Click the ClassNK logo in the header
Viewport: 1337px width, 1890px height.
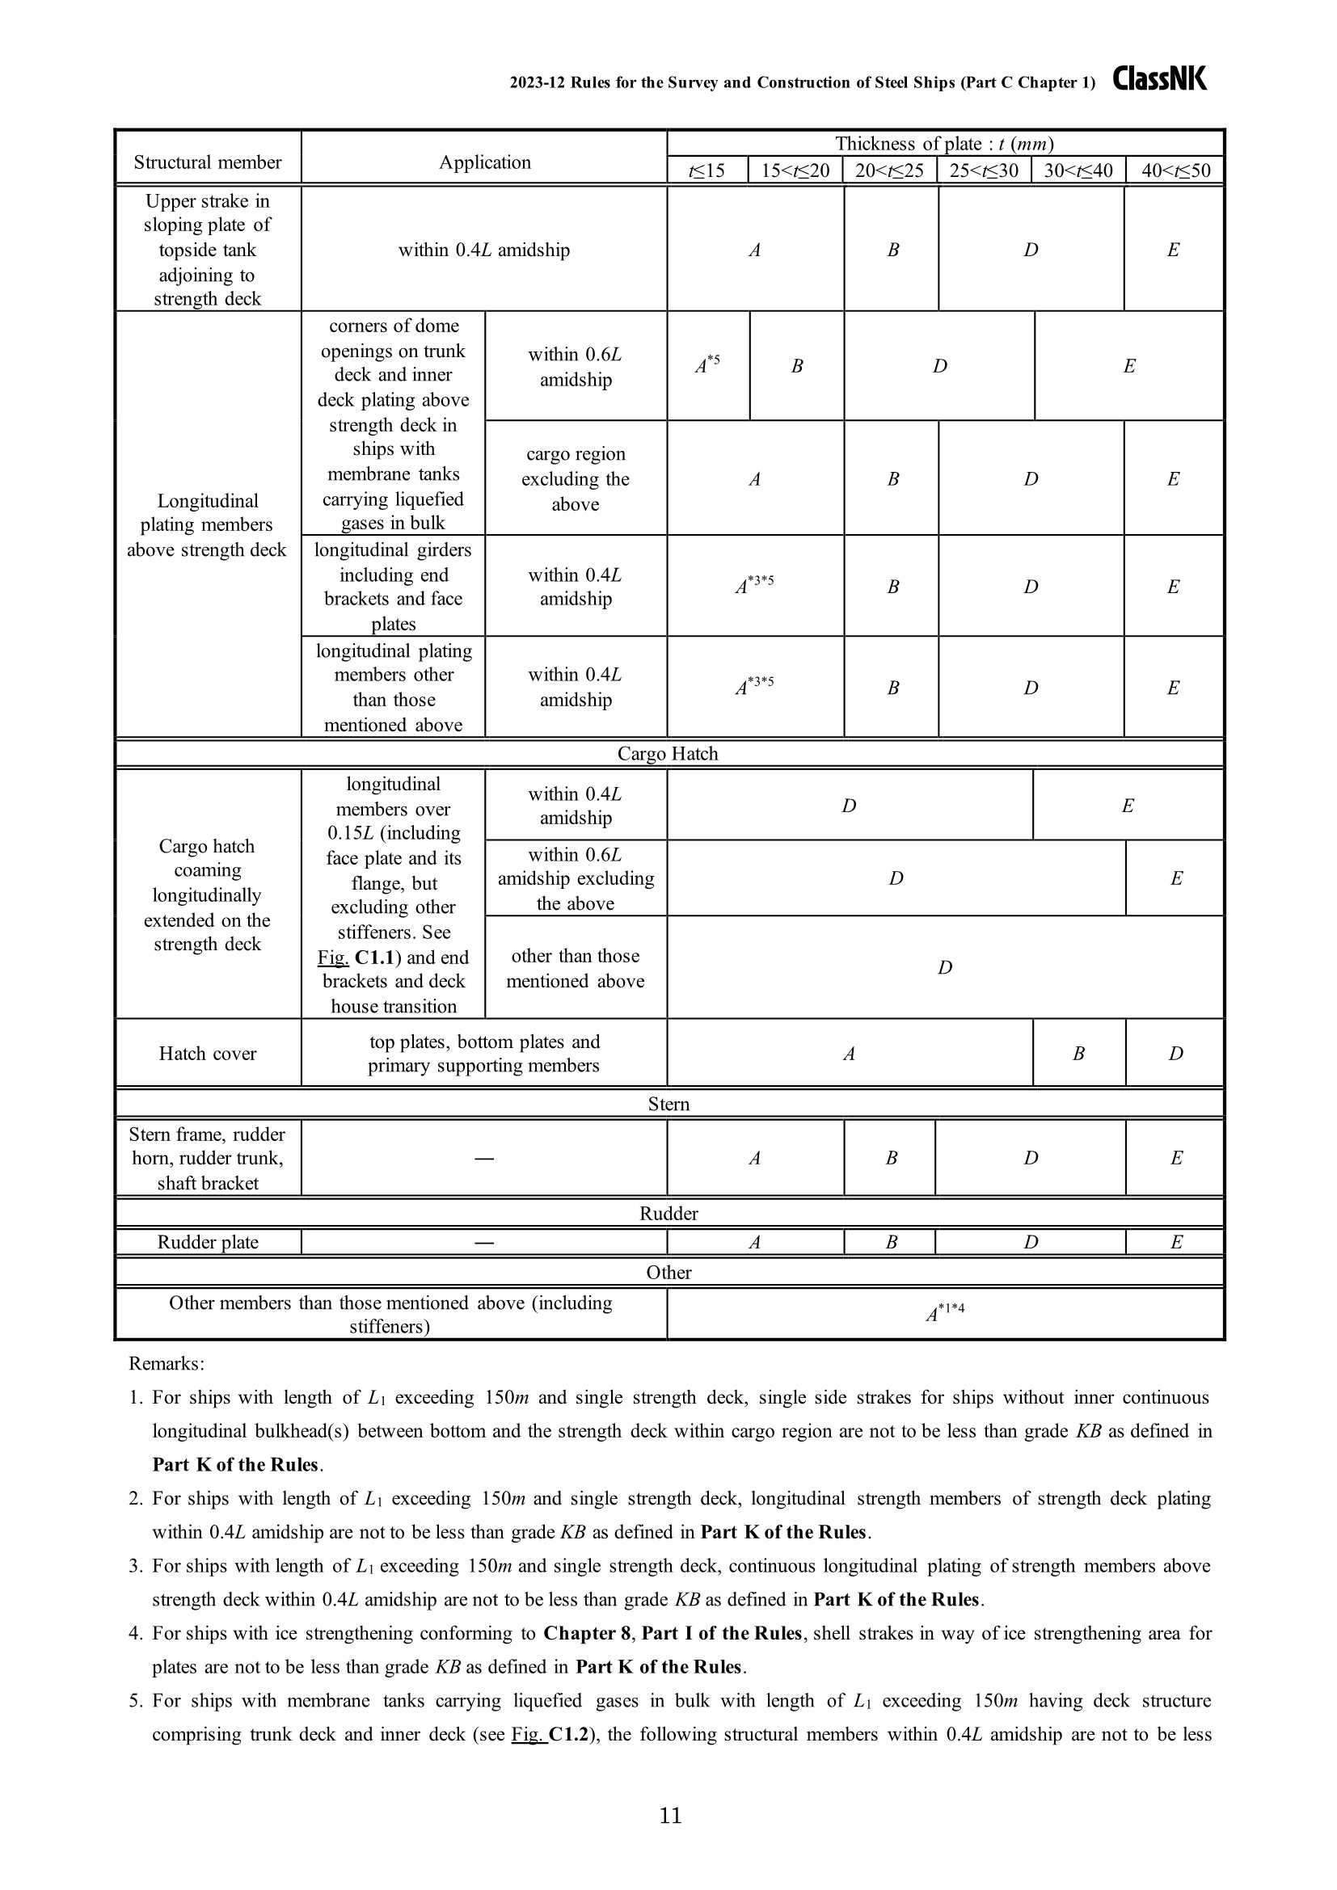click(x=1158, y=79)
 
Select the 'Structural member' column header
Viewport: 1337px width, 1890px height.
click(x=208, y=162)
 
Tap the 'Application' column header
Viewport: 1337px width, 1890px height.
click(x=484, y=162)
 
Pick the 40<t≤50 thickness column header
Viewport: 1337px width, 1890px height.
click(x=1175, y=171)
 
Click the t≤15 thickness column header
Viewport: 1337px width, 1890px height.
click(x=707, y=171)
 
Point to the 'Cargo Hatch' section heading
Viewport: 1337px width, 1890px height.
click(x=668, y=754)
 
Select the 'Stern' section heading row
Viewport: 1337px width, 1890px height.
click(x=668, y=1104)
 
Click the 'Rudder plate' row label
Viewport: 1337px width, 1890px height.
click(x=208, y=1242)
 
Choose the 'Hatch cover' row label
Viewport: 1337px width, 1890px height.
click(x=208, y=1054)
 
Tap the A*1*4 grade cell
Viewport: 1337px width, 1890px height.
click(x=944, y=1312)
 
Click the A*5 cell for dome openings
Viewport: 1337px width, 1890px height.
click(x=707, y=364)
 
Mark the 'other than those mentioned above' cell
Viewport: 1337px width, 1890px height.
click(x=575, y=968)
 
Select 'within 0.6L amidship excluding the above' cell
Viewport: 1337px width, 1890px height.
click(x=575, y=879)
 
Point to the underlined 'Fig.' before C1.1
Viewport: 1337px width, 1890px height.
click(x=332, y=958)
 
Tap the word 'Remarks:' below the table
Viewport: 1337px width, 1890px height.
click(x=167, y=1364)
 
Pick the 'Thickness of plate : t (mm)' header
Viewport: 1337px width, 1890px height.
click(x=943, y=144)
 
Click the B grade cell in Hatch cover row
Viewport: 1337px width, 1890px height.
click(x=1078, y=1054)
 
